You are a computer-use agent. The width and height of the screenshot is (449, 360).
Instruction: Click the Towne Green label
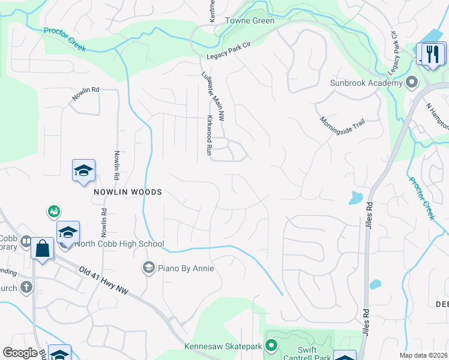point(250,21)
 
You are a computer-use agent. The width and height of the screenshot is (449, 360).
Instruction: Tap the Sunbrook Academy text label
point(366,83)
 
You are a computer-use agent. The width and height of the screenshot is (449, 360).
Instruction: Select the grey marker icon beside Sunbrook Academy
point(411,82)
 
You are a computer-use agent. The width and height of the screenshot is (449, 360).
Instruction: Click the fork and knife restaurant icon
point(432,55)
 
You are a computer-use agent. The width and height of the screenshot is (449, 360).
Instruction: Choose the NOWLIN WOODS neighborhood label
point(127,192)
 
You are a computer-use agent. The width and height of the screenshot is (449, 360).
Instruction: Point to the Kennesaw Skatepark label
point(231,346)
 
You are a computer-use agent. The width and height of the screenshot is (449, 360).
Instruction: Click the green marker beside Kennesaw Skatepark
point(271,345)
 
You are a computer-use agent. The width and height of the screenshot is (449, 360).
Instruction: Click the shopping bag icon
point(43,248)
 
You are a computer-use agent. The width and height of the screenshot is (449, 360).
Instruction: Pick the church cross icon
point(26,287)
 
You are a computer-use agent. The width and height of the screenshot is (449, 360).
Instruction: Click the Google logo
point(20,353)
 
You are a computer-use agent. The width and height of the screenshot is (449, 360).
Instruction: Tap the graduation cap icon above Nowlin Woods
point(83,170)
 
